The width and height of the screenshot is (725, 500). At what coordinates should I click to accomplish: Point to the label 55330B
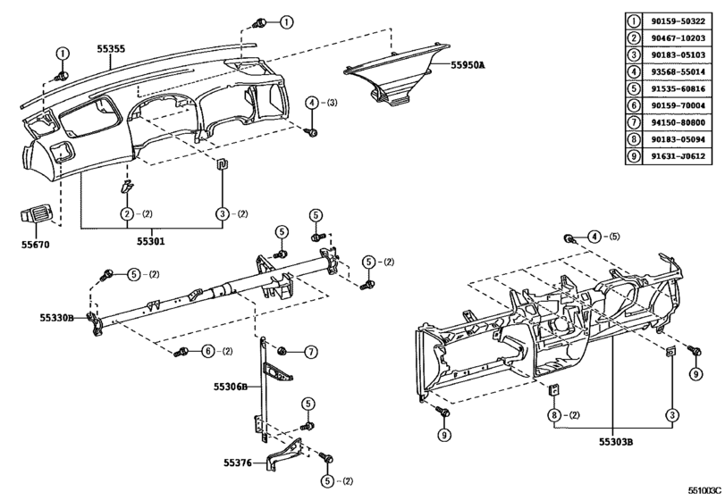[x=60, y=316]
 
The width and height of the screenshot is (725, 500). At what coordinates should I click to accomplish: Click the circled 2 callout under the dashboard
[x=128, y=214]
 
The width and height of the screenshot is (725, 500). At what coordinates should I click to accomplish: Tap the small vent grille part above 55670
[x=36, y=217]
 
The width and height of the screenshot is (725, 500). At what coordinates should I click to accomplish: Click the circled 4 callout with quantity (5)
[x=593, y=237]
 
